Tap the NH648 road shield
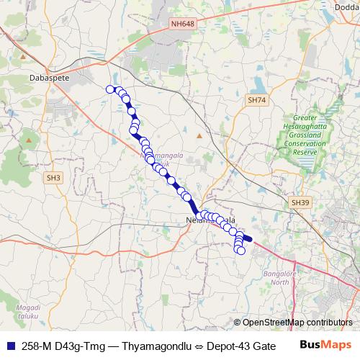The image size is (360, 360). pos(184,24)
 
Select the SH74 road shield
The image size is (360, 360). pos(256,100)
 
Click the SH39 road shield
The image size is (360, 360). pos(300,204)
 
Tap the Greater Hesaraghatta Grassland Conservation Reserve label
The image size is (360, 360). pos(312,137)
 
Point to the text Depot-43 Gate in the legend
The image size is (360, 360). pos(241,346)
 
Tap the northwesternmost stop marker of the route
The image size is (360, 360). pos(110,89)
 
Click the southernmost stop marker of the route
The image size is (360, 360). pos(241,251)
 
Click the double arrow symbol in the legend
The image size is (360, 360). pos(198,346)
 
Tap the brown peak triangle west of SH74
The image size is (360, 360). pos(200,135)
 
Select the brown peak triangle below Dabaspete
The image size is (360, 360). pos(28,139)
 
